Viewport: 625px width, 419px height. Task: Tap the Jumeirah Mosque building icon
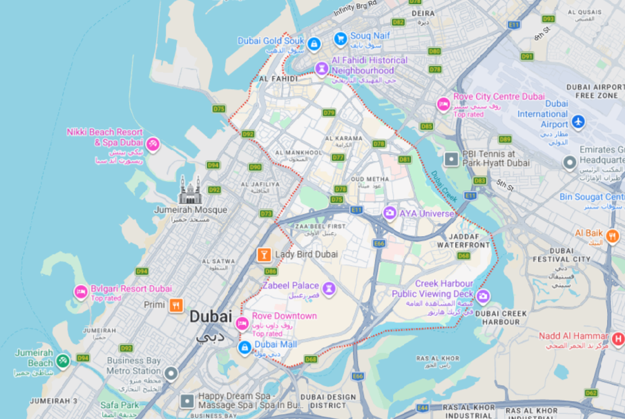pos(190,190)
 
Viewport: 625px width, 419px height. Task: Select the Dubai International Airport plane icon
pos(579,122)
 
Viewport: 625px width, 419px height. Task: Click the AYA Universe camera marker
pos(390,213)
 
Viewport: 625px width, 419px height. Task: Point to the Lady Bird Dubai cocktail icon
pos(263,255)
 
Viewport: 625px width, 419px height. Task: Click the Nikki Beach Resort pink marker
pos(153,144)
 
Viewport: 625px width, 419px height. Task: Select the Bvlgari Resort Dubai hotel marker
pos(81,292)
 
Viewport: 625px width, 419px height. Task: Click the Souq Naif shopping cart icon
pos(340,38)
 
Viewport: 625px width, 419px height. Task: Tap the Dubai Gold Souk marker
pos(314,44)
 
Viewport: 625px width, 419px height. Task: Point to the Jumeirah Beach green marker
pos(63,360)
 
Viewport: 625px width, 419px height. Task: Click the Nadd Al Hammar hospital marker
pos(618,339)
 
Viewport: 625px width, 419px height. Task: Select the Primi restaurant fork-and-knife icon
pos(176,304)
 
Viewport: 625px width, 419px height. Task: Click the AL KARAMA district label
pos(343,137)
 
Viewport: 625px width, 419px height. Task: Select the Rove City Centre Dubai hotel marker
pos(443,104)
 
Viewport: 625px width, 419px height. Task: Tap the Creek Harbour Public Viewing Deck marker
pos(483,296)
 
